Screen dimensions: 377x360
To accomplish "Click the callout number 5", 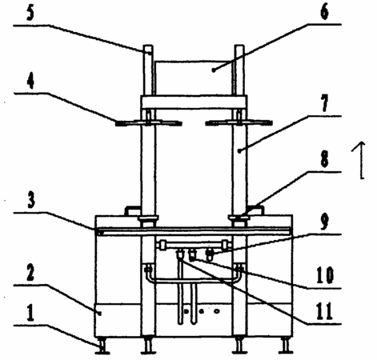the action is coord(30,14).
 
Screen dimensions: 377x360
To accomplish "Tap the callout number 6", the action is coord(324,13).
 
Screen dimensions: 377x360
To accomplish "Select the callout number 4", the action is coord(30,81).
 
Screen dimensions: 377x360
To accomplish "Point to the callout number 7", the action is coord(324,104).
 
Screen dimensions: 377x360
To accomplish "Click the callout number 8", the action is coord(324,160).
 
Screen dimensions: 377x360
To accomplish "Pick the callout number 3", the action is coord(31,200).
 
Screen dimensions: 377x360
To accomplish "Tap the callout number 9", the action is coord(324,222).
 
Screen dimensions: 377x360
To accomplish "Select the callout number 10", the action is coord(325,276).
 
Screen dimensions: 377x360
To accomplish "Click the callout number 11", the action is coord(325,311).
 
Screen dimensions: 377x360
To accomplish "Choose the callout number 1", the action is coord(30,314).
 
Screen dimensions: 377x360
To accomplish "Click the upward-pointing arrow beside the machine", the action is coord(361,160).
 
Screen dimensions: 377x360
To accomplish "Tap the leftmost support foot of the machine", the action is coord(102,346).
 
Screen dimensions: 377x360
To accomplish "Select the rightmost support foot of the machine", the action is coord(286,346).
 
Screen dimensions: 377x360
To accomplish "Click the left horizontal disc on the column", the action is coord(149,123).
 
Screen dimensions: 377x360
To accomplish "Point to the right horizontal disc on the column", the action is coord(239,122).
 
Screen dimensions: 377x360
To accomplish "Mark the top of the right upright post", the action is coord(239,46).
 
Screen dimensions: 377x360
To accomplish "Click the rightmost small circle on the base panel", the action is coord(217,311).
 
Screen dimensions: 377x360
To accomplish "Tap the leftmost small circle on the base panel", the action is coord(186,311).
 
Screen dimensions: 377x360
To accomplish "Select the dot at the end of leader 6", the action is coord(213,70).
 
